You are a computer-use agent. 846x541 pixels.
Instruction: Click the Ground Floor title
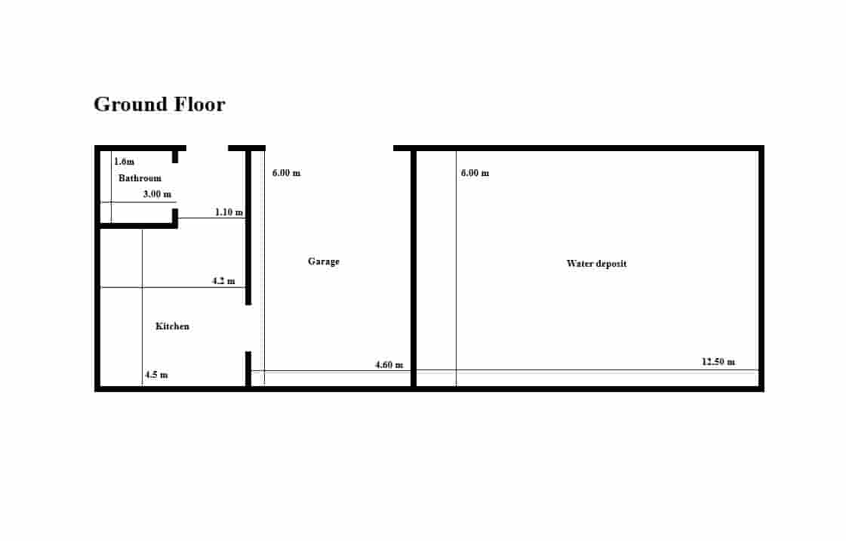coord(159,105)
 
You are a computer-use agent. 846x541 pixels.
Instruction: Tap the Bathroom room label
coord(140,178)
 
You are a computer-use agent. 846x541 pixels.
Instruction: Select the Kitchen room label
coord(172,326)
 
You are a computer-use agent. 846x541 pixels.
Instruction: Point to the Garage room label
coord(324,261)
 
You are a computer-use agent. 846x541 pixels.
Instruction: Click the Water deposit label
coord(597,264)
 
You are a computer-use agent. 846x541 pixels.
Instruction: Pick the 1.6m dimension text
coord(124,162)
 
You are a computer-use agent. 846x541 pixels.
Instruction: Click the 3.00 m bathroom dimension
coord(157,194)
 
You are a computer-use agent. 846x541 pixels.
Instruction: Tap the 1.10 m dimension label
coord(229,212)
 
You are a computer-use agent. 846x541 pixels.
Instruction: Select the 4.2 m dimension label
coord(223,281)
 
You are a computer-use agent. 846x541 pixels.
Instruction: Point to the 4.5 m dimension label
coord(156,374)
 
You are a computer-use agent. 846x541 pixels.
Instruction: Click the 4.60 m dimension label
coord(389,364)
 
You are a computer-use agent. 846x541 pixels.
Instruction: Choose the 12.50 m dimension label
coord(718,361)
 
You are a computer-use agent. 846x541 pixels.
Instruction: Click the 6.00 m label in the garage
coord(287,173)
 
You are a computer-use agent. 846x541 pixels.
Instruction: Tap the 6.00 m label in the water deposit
coord(475,173)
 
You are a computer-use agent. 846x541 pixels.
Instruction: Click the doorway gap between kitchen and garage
coord(248,328)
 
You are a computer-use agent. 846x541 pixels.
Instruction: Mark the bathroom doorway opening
coord(175,186)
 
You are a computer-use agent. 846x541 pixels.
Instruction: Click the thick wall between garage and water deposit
coord(414,268)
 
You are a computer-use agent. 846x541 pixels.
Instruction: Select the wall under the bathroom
coord(138,226)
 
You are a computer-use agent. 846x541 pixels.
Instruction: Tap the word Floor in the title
coord(200,105)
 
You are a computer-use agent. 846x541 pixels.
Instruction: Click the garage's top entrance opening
coord(329,148)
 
